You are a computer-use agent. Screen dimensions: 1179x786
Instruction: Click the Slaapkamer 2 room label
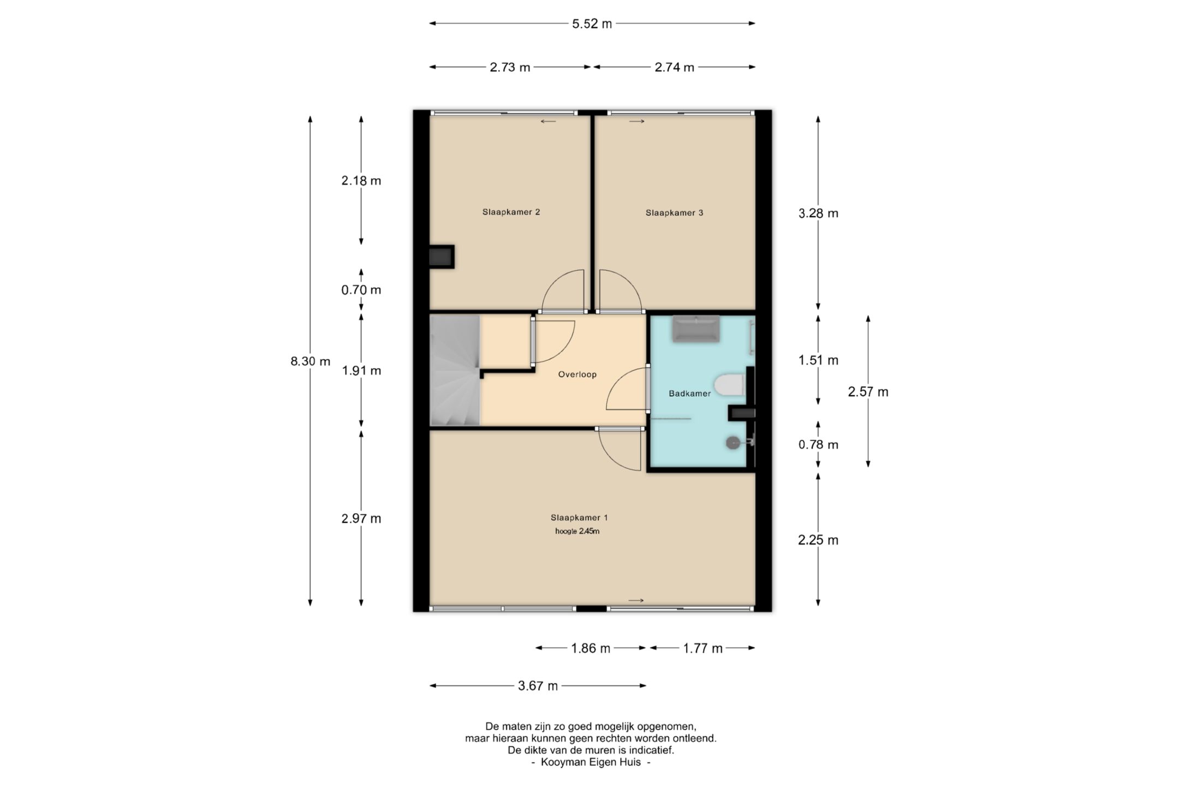pos(511,212)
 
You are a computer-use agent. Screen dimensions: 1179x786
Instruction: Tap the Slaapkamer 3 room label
pos(674,213)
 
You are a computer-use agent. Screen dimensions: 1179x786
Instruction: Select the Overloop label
pos(577,374)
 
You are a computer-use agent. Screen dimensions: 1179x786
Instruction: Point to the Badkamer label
pos(689,394)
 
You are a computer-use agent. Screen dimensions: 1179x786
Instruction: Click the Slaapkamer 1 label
pos(579,517)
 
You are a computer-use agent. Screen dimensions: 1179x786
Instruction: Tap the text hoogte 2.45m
pos(577,531)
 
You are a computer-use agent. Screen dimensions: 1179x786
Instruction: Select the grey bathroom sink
pos(695,329)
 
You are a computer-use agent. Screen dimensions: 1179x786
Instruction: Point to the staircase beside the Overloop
pos(455,370)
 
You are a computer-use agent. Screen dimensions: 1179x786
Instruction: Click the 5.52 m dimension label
pos(592,24)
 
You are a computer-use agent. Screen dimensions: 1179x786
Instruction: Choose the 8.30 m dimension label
pos(310,361)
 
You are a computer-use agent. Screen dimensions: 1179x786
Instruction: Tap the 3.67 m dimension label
pos(538,686)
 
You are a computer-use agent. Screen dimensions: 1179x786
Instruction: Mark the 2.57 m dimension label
pos(868,392)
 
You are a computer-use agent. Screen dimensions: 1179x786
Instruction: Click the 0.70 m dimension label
pos(361,290)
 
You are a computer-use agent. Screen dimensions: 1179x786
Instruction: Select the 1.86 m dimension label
pos(591,648)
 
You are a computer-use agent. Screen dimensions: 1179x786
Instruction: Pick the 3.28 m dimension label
pos(818,213)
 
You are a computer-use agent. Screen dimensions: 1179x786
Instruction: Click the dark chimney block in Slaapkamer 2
pos(442,257)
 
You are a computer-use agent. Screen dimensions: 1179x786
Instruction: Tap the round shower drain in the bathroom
pos(733,443)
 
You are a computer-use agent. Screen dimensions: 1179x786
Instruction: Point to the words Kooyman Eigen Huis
pos(591,762)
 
